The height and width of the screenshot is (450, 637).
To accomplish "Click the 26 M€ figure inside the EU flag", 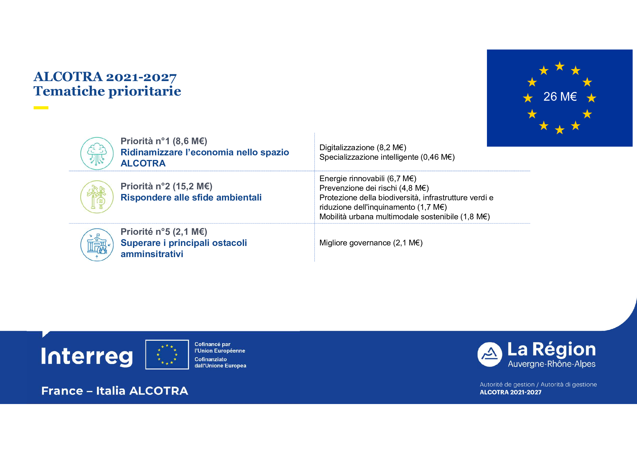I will click(x=560, y=97).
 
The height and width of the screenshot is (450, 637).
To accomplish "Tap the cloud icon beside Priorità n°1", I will click(x=97, y=153).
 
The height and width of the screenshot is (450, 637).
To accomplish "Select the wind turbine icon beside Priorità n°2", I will click(x=97, y=197).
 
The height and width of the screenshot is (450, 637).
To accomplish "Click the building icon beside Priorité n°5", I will click(x=97, y=244).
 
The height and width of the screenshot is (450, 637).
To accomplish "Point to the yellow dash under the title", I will click(x=41, y=108).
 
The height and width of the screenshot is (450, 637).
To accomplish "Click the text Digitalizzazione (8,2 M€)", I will click(x=362, y=147).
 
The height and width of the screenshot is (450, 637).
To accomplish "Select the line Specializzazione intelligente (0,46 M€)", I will click(x=387, y=157).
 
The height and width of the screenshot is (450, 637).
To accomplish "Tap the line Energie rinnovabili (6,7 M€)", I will click(x=368, y=178).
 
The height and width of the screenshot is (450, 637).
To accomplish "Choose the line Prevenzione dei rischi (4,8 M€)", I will click(x=374, y=188).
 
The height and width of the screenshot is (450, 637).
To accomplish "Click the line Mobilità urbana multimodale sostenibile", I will click(x=404, y=217).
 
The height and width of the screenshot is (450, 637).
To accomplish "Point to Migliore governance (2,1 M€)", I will click(x=371, y=243).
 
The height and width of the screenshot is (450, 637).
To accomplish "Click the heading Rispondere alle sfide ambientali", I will click(x=191, y=198).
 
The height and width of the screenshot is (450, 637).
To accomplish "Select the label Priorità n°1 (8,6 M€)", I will click(x=164, y=141).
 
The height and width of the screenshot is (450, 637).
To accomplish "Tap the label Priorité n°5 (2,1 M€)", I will click(x=164, y=232).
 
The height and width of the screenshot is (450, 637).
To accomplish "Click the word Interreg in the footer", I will click(x=87, y=356).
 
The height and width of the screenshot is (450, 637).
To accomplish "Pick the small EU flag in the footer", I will click(x=167, y=355).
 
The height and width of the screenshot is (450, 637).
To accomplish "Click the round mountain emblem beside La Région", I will click(x=489, y=355).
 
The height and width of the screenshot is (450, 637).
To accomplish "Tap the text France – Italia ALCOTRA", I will click(x=115, y=391).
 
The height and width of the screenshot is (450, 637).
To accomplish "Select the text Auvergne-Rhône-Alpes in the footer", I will click(x=551, y=364).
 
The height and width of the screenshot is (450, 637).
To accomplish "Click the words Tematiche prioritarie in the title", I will click(x=107, y=91).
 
